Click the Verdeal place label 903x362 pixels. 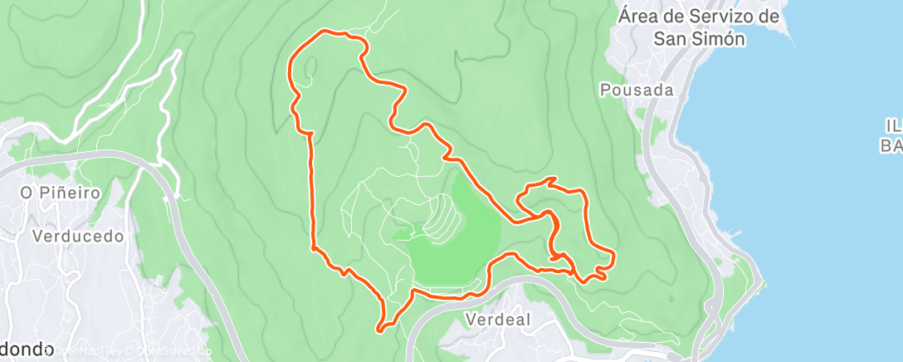498,319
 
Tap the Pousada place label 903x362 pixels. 636,89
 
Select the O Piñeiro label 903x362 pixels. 61,193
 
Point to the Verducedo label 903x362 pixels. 78,236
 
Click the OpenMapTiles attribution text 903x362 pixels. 87,351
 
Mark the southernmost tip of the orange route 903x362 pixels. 379,330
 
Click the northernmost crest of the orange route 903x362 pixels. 325,31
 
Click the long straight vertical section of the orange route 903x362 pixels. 313,191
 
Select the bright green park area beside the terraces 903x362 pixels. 465,249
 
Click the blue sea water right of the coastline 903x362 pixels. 813,208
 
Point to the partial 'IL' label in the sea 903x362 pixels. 893,125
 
